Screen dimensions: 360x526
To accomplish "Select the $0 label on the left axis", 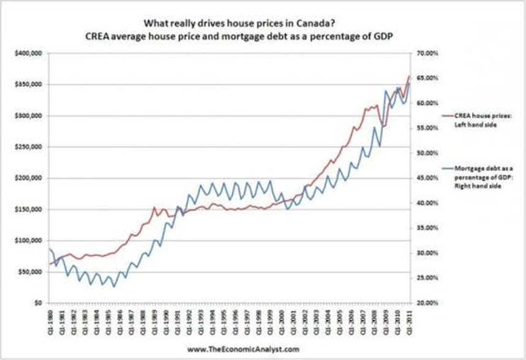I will (x=38, y=302).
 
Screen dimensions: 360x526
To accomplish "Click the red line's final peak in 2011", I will (x=408, y=77).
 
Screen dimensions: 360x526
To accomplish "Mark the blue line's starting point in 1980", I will (x=48, y=249).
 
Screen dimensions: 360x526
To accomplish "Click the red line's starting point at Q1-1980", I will (x=48, y=264).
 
